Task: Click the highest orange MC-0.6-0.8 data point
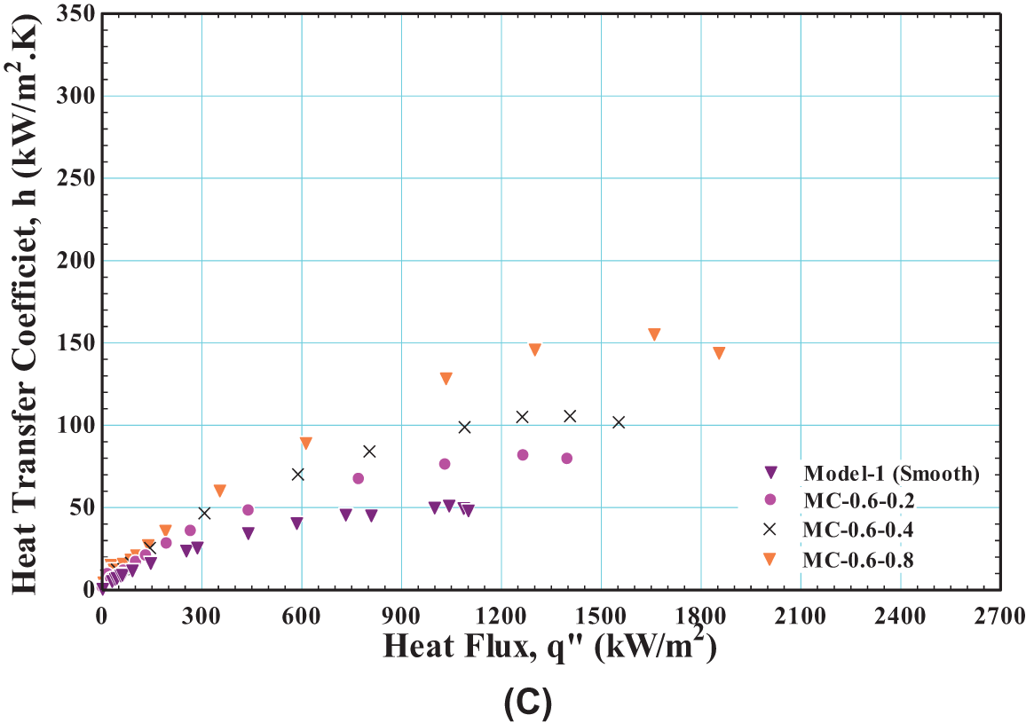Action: (x=654, y=334)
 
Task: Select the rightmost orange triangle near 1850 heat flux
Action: (x=719, y=352)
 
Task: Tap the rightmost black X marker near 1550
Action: (x=619, y=422)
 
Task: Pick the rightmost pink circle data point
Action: (x=566, y=458)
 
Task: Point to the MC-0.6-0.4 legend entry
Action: (x=858, y=530)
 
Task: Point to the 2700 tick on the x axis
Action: (x=1000, y=616)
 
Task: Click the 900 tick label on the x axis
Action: (x=401, y=616)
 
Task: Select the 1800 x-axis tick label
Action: (x=701, y=616)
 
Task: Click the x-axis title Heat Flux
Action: (x=549, y=646)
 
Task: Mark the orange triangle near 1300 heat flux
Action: (x=534, y=349)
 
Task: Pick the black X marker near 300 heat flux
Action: (x=204, y=513)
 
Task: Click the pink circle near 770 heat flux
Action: (x=358, y=478)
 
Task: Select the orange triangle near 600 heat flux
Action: (x=305, y=443)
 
